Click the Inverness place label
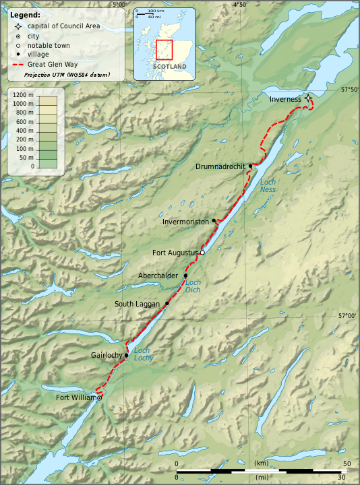click(285, 99)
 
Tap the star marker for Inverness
click(308, 98)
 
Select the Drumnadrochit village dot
click(250, 166)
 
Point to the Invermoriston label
click(185, 222)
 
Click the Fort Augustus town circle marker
click(202, 253)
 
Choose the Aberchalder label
click(158, 276)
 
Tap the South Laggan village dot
click(167, 304)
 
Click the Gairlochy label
click(106, 355)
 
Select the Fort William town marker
click(99, 398)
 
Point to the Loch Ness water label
click(268, 186)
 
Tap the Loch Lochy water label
click(143, 354)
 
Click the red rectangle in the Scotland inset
click(164, 50)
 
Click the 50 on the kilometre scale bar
click(346, 464)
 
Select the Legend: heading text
click(25, 14)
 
